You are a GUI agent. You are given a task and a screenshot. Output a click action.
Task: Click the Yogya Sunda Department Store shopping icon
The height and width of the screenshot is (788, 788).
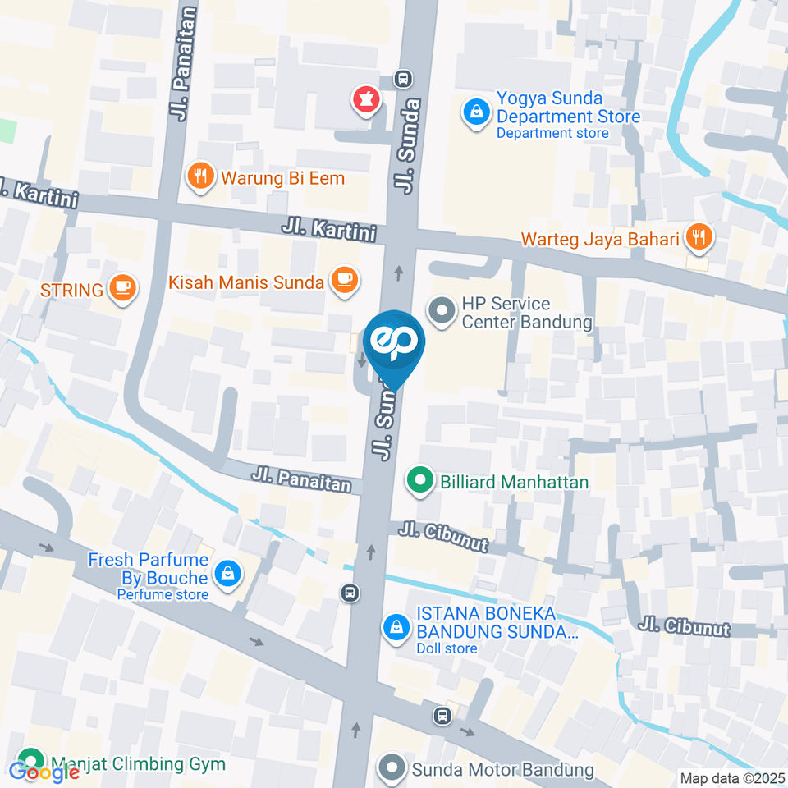coord(474,112)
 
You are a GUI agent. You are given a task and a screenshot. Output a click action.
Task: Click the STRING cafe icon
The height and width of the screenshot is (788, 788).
coord(123,287)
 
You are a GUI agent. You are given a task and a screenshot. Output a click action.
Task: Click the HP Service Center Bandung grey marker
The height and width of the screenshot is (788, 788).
coord(442,311)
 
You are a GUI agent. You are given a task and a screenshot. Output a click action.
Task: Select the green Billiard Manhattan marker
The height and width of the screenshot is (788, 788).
coord(420,480)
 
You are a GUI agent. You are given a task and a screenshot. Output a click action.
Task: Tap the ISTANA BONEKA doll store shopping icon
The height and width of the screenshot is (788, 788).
coord(396,628)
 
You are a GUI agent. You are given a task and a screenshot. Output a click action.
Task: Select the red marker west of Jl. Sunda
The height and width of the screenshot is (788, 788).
coord(364,101)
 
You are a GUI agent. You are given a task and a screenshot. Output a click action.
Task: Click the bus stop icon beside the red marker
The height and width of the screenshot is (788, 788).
coord(402,79)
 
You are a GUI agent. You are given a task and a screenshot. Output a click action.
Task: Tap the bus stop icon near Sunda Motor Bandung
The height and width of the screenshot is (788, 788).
coord(443,716)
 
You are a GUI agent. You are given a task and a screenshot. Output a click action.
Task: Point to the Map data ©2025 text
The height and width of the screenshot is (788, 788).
coord(732,778)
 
